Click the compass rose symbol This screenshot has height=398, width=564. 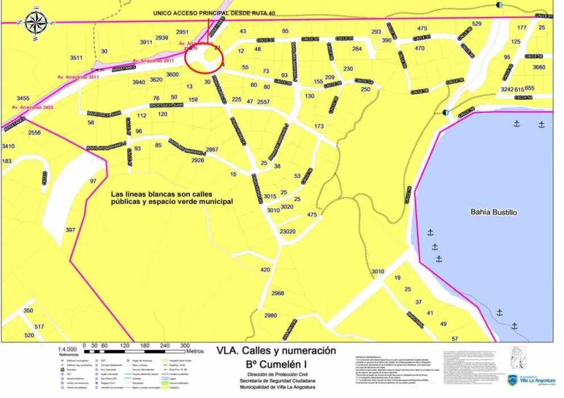click(36, 23)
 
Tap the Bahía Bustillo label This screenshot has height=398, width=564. click(494, 212)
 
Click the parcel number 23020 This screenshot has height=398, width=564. click(287, 232)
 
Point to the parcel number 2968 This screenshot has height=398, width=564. click(277, 294)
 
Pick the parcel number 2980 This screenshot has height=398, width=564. click(271, 316)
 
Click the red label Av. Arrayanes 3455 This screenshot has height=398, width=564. click(32, 107)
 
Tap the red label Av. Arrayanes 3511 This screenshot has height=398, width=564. click(78, 77)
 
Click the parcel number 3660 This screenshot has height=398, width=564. click(538, 68)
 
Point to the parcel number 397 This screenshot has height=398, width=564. click(70, 230)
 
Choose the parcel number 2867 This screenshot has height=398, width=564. click(212, 149)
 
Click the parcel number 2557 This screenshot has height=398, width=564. click(263, 102)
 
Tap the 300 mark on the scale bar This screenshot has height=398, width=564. click(185, 345)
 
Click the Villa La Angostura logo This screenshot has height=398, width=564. click(531, 380)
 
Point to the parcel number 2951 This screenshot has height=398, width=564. click(182, 32)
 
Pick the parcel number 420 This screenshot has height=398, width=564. click(265, 270)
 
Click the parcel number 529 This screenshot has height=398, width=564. click(476, 23)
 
